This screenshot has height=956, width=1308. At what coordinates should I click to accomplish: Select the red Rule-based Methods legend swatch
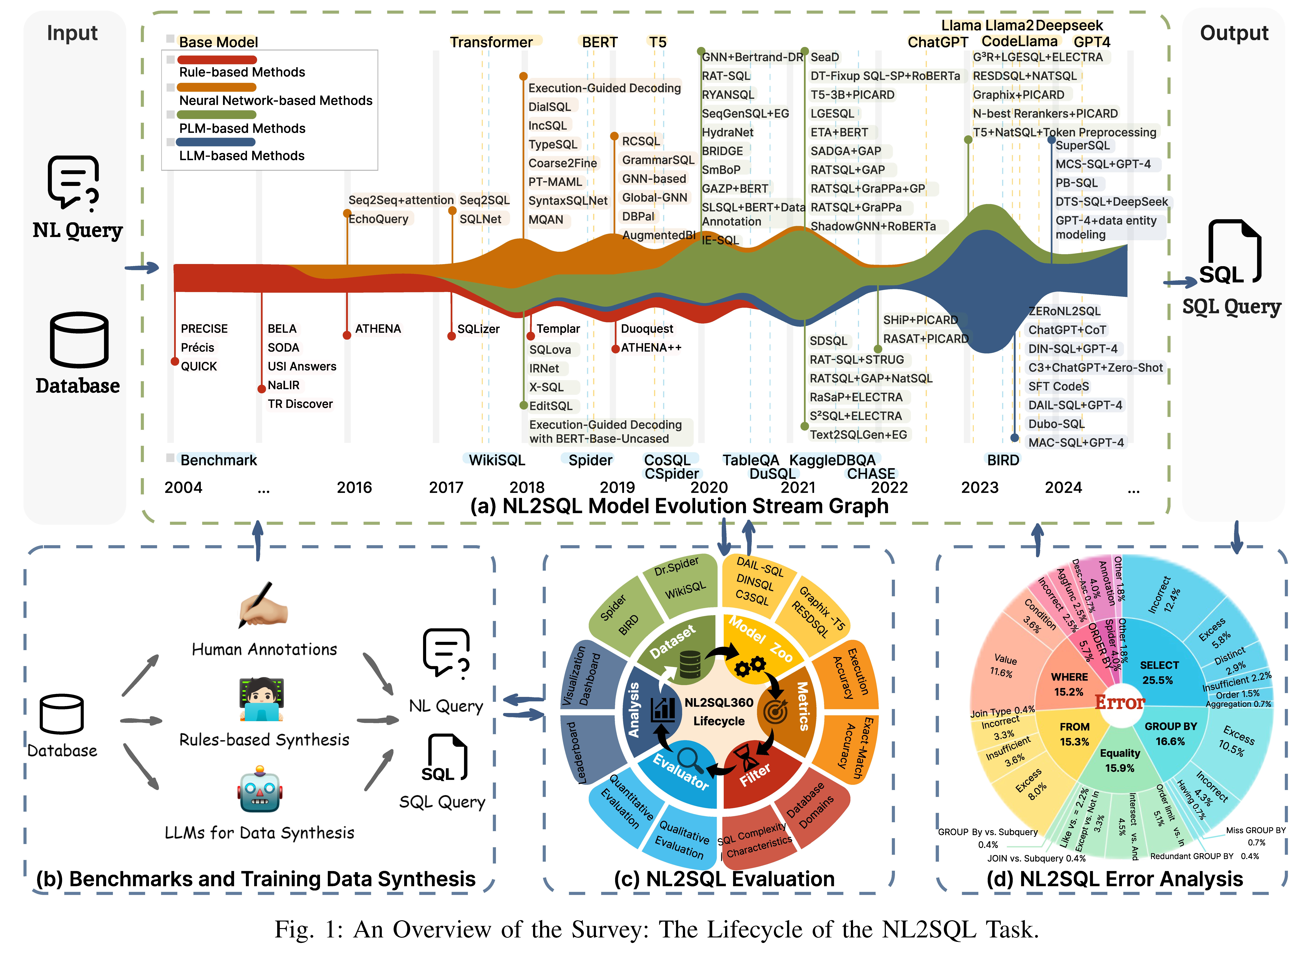[x=217, y=60]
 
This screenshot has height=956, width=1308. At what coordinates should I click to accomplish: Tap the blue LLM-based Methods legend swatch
[x=217, y=142]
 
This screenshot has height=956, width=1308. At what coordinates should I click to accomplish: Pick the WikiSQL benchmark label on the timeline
[x=496, y=460]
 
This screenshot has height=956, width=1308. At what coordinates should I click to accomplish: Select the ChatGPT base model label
[x=937, y=42]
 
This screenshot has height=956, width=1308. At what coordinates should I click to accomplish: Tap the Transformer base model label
[x=491, y=42]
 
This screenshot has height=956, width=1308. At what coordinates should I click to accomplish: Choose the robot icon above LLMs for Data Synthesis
[x=260, y=790]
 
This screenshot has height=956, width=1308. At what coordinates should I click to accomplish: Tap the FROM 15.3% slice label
[x=1074, y=734]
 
